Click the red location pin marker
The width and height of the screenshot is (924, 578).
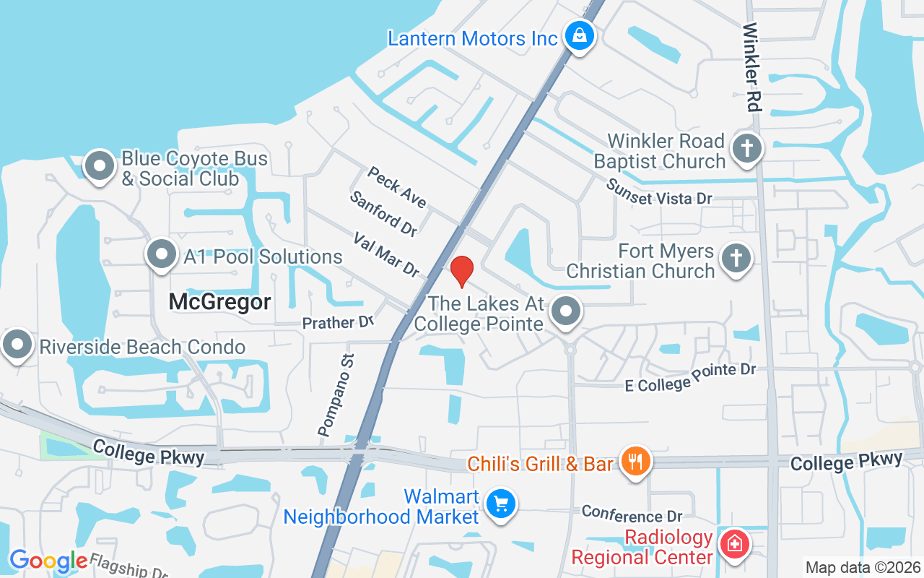pyautogui.click(x=461, y=271)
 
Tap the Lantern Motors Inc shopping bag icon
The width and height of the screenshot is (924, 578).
pyautogui.click(x=578, y=34)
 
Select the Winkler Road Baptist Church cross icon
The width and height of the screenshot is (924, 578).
pyautogui.click(x=747, y=149)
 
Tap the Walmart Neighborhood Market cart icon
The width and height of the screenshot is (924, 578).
pyautogui.click(x=500, y=504)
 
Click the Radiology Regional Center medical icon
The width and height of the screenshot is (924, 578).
pyautogui.click(x=735, y=543)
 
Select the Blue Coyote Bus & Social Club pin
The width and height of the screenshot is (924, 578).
pyautogui.click(x=100, y=166)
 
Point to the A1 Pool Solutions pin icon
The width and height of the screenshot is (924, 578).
pyautogui.click(x=162, y=254)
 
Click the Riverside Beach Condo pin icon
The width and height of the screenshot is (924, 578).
pyautogui.click(x=17, y=345)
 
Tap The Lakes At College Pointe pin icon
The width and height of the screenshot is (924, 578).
pyautogui.click(x=566, y=312)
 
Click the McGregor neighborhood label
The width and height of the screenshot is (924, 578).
pyautogui.click(x=220, y=302)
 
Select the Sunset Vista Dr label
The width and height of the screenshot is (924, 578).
pyautogui.click(x=659, y=193)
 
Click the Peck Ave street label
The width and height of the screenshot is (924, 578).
pyautogui.click(x=396, y=187)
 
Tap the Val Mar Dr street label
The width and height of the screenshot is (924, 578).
pyautogui.click(x=386, y=254)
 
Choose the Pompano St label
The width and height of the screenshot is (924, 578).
pyautogui.click(x=336, y=394)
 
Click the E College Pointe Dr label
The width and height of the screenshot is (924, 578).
pyautogui.click(x=690, y=378)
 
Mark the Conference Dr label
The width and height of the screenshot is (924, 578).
pyautogui.click(x=632, y=514)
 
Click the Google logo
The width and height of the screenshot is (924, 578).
pyautogui.click(x=48, y=561)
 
